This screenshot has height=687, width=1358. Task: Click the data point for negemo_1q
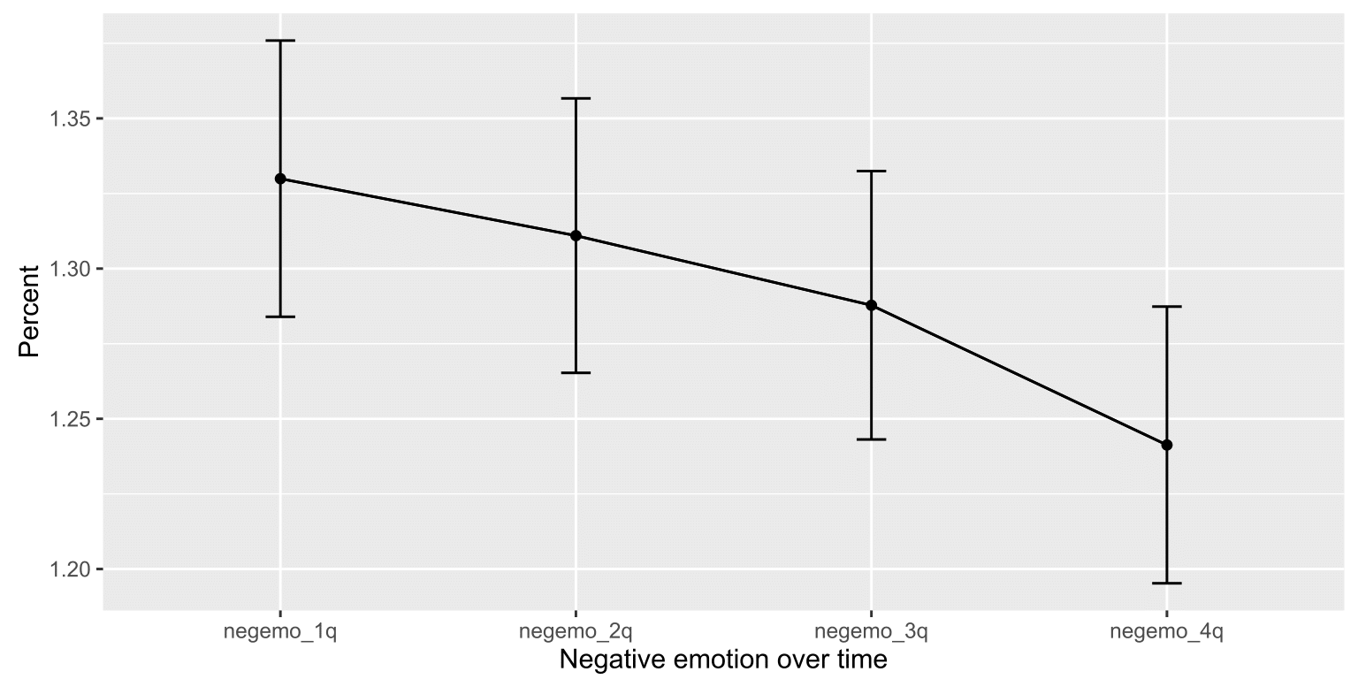click(x=280, y=179)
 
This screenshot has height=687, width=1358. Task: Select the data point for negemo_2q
click(x=576, y=236)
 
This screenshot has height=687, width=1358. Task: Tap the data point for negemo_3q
click(x=871, y=305)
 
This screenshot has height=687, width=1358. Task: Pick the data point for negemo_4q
click(x=1166, y=445)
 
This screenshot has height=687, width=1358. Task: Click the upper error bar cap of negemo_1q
click(x=280, y=41)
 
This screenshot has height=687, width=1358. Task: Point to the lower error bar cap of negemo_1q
click(x=280, y=317)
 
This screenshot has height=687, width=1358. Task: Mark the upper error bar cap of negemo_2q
click(x=576, y=99)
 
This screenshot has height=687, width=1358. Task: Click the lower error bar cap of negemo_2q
click(x=576, y=373)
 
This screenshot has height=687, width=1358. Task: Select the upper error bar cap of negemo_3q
click(x=871, y=172)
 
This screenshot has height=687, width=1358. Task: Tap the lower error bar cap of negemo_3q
click(x=871, y=439)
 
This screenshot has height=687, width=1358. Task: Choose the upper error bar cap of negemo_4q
click(x=1166, y=307)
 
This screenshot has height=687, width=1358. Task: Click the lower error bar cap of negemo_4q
click(x=1166, y=583)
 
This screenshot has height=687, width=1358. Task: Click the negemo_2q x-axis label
click(x=576, y=632)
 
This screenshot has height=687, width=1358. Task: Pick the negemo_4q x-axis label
click(x=1166, y=632)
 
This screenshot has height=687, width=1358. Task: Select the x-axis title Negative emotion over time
click(x=722, y=660)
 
